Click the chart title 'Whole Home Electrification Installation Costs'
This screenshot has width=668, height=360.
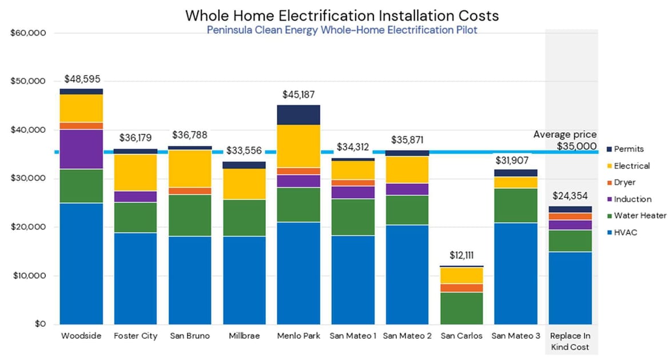[x=341, y=15]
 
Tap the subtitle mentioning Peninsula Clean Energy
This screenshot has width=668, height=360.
[x=341, y=30]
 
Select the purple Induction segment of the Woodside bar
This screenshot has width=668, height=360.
[x=81, y=149]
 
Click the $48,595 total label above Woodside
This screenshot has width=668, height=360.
[x=81, y=80]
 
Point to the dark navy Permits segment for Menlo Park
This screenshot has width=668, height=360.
[x=299, y=114]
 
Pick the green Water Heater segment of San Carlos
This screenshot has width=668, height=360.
[x=462, y=308]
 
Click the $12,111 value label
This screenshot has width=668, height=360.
[x=462, y=255]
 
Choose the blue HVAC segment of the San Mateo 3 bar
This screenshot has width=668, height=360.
[x=516, y=274]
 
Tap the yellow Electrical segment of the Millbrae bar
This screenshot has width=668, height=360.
[x=244, y=184]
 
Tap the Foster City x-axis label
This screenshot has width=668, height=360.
[x=136, y=336]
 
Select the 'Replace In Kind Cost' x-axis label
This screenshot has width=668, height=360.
[x=570, y=342]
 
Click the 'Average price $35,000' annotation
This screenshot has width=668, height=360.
[x=565, y=140]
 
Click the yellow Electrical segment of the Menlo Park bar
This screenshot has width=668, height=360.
[x=299, y=146]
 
